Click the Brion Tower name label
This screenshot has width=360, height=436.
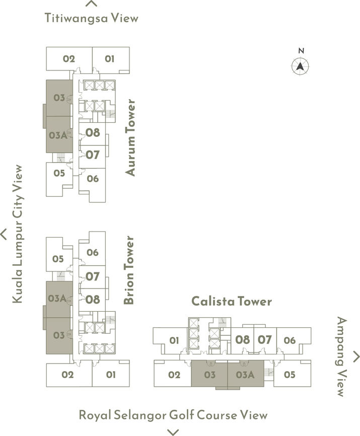pos(129,270)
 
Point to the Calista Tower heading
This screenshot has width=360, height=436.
pos(231,302)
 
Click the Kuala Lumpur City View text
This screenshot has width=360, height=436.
pos(18,234)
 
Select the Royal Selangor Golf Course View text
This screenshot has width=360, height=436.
pos(173,415)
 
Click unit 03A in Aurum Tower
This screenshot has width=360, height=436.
pos(58,135)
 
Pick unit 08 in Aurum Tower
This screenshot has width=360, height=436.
pos(93,133)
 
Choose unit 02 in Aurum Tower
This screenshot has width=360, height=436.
pos(69,59)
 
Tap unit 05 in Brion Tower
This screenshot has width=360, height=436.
pos(58,259)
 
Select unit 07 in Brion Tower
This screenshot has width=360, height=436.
pos(93,276)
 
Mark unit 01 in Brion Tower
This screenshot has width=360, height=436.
pos(111,375)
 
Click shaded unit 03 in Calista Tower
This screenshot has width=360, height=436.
pos(209,375)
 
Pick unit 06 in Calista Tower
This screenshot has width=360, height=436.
pos(290,340)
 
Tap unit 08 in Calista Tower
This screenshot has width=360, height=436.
pos(242,339)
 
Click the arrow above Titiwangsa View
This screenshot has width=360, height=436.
pos(91,4)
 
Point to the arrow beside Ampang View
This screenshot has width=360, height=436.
pos(356,356)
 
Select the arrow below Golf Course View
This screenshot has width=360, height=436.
pos(173,431)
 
